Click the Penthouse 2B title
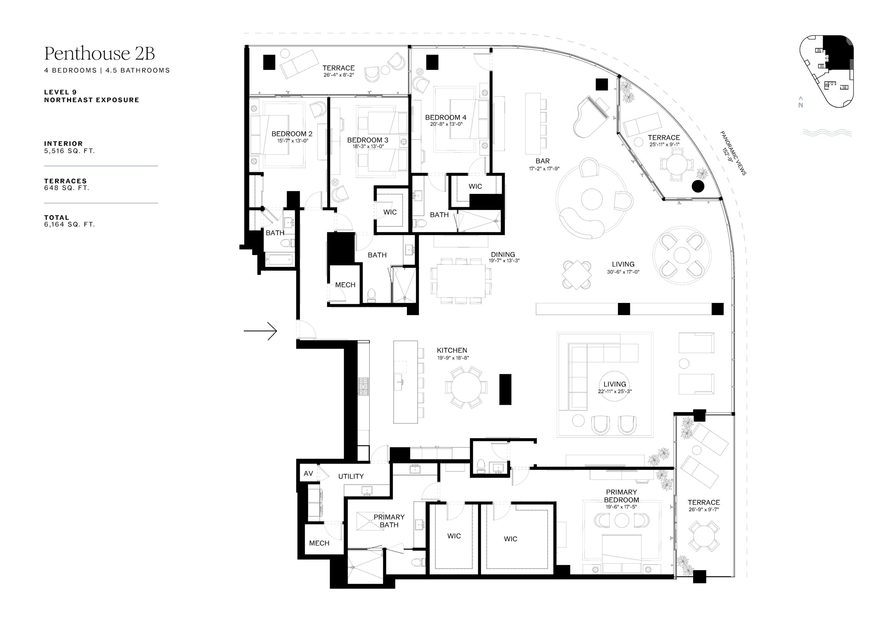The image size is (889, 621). tap(100, 53)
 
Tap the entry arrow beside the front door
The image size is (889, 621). tap(260, 331)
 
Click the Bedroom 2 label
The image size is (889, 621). tap(292, 134)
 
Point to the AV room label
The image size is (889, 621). tap(308, 473)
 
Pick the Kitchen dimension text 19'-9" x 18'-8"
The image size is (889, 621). tap(453, 358)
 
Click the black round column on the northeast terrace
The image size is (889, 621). tap(698, 187)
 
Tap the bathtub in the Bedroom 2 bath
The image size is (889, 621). tap(280, 259)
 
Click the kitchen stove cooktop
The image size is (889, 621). tap(364, 386)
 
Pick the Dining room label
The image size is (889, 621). tap(503, 254)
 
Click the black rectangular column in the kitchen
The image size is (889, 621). tap(505, 389)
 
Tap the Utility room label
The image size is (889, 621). tap(351, 476)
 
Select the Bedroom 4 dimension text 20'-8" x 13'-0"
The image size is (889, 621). tap(446, 124)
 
